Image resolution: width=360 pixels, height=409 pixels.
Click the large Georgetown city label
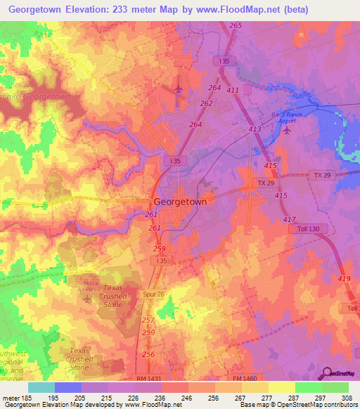[180, 201]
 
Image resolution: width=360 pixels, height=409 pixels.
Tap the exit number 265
[235, 25]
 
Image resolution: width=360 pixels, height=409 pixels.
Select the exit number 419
[345, 280]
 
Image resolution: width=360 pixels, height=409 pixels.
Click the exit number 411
[233, 91]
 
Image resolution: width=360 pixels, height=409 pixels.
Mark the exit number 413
[255, 130]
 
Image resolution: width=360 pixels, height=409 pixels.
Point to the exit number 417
[289, 220]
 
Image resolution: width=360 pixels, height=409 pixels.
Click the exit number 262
[206, 103]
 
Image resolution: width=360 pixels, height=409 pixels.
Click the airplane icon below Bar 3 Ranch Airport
[285, 130]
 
